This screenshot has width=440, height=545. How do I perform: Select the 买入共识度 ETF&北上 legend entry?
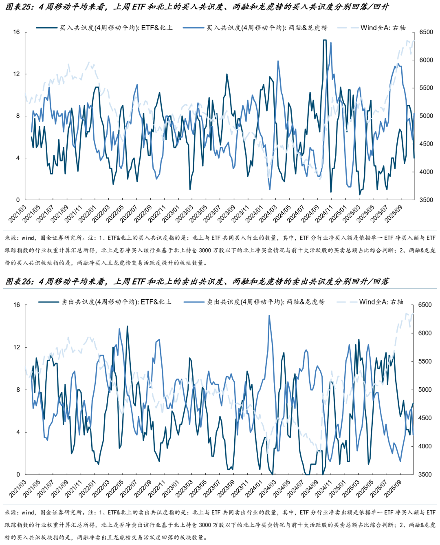click(116, 28)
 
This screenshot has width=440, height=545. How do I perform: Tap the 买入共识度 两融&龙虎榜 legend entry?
click(266, 28)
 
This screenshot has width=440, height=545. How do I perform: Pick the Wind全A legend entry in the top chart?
click(383, 28)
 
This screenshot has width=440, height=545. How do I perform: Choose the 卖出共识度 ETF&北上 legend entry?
click(116, 302)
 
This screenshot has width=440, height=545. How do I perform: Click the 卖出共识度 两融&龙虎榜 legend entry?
click(265, 302)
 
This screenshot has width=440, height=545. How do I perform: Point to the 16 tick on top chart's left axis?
click(16, 32)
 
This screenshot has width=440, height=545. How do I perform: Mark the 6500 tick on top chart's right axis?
click(426, 32)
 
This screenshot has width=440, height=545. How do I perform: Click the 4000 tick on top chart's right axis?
click(426, 172)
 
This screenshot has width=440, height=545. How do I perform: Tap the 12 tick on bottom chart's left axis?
click(16, 347)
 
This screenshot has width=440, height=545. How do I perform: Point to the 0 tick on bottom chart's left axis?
click(18, 474)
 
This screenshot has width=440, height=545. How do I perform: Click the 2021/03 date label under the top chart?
click(17, 214)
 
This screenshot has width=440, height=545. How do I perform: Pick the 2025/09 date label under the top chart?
click(393, 214)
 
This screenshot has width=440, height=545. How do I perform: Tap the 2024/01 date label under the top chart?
click(254, 214)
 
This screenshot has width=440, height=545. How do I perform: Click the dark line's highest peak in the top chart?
click(325, 40)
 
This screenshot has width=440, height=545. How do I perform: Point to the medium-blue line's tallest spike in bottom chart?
click(269, 316)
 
